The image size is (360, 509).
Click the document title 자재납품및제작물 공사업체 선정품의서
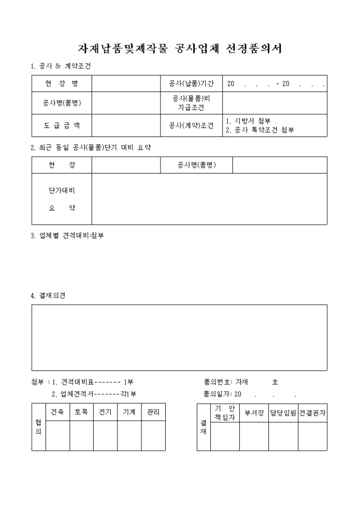[179, 49]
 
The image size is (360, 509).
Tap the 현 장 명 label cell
[61, 84]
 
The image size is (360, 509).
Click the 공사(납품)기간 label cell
[191, 84]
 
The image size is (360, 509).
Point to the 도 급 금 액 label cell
[61, 125]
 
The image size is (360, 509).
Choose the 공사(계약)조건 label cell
[191, 125]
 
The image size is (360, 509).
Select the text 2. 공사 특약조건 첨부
[259, 130]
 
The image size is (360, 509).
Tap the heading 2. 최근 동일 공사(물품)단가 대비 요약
[91, 147]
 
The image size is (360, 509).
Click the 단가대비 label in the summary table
[61, 191]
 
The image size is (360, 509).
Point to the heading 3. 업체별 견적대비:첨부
[67, 235]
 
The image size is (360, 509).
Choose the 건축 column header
[57, 412]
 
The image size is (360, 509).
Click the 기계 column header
[129, 412]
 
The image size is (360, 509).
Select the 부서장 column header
[254, 413]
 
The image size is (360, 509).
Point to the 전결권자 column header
[312, 413]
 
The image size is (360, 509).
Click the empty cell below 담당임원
[283, 437]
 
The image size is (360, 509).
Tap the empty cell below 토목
[81, 436]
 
